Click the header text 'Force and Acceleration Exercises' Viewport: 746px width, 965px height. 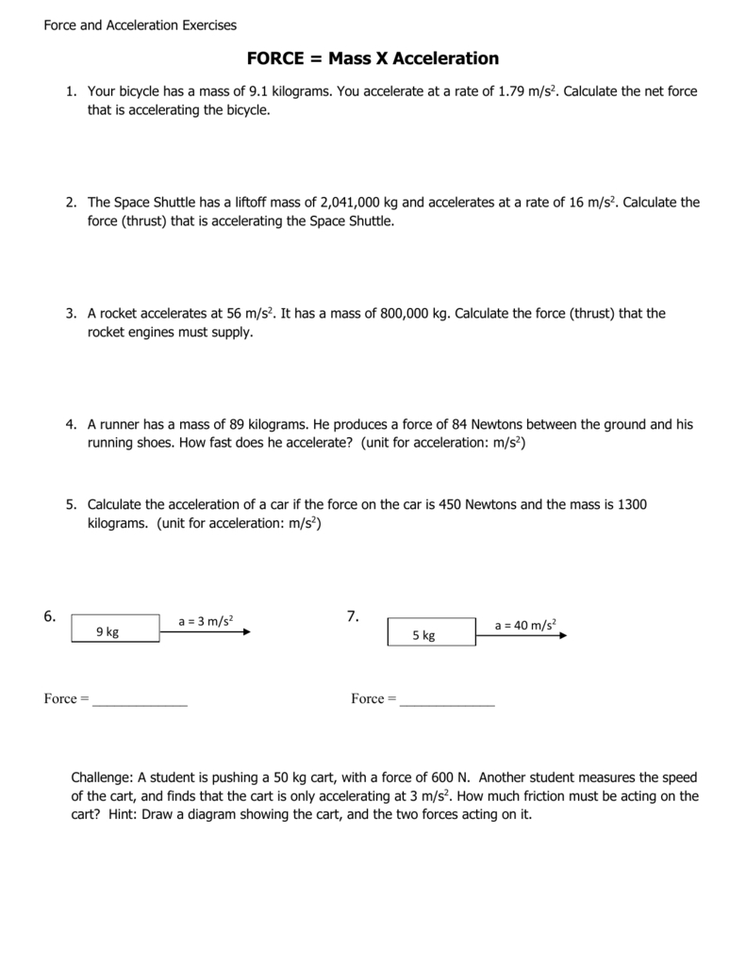tap(141, 25)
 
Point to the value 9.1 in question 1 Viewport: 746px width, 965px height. tap(257, 91)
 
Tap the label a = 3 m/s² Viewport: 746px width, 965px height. tap(206, 620)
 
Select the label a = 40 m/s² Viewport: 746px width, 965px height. tap(525, 625)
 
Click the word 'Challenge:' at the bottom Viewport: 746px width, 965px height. tap(103, 777)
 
